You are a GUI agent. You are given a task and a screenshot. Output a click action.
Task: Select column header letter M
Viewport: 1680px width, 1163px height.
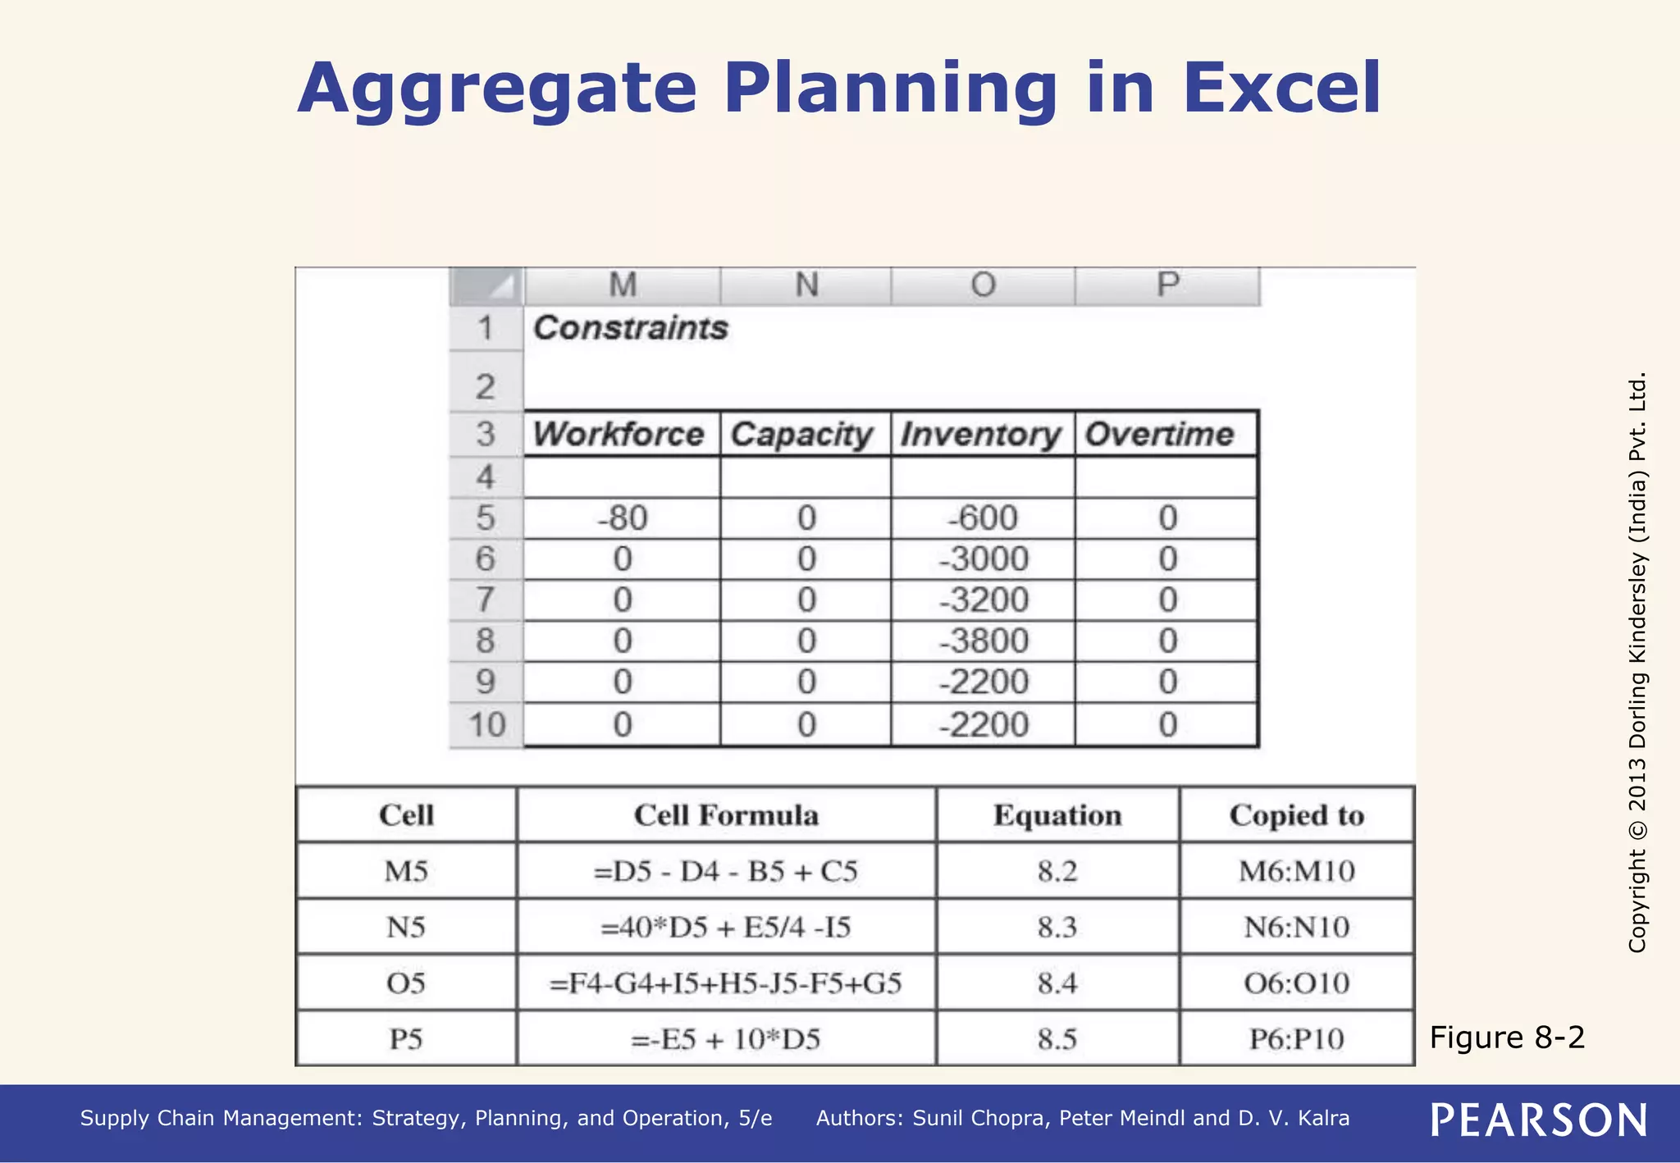[x=623, y=285]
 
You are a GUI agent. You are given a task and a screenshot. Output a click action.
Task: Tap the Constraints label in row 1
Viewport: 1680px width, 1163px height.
[x=630, y=328]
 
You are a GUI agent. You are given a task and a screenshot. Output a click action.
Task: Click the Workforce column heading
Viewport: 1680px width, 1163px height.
[x=619, y=434]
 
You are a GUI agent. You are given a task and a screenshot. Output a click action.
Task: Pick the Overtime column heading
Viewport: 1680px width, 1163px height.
[x=1159, y=434]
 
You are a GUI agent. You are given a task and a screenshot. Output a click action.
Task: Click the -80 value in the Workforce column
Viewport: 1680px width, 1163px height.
[x=623, y=518]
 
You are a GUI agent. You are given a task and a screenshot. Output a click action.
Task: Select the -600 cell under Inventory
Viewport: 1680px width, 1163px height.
[x=983, y=518]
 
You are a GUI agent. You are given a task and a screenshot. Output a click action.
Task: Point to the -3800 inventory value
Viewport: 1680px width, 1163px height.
[x=983, y=641]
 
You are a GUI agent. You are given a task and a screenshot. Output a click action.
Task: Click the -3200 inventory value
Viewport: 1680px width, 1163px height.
[x=983, y=600]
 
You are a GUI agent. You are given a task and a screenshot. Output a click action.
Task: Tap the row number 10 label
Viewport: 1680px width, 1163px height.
[x=486, y=725]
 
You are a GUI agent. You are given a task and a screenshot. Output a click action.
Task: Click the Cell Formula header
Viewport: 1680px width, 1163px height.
[x=726, y=815]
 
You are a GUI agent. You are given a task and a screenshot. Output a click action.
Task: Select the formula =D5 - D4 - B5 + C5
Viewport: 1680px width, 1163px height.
[x=725, y=871]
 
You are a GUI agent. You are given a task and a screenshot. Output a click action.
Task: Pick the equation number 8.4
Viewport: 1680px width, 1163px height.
[x=1057, y=983]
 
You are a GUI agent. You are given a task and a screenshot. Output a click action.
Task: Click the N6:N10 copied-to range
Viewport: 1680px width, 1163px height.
[x=1296, y=927]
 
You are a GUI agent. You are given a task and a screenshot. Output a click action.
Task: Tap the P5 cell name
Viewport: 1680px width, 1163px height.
[x=406, y=1039]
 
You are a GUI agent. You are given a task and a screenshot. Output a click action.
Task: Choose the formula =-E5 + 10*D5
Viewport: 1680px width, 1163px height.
[x=725, y=1039]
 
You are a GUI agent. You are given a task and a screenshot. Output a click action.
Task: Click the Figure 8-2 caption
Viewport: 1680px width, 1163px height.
[x=1507, y=1038]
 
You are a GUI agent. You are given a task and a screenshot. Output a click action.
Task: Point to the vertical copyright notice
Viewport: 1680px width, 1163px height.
[x=1637, y=663]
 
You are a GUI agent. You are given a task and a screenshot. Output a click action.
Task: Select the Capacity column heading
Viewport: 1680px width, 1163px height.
[x=801, y=434]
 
